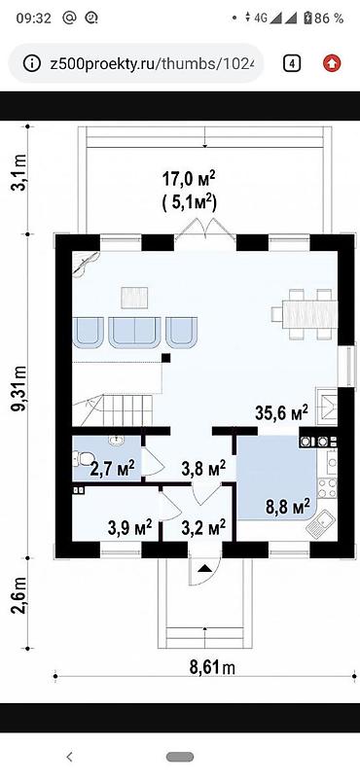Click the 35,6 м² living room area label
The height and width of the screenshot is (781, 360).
coord(281,413)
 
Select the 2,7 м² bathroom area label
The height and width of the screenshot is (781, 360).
coord(112,469)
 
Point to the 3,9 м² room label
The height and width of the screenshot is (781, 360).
coord(129,528)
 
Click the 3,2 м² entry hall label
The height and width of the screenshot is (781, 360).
coord(203,528)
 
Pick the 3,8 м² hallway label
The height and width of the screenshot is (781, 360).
coord(203,469)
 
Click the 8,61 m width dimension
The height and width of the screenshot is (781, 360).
coord(212,666)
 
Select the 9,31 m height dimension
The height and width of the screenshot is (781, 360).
coord(18,397)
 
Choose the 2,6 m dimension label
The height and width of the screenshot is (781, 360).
coord(18,603)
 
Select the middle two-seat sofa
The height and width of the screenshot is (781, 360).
coord(134,333)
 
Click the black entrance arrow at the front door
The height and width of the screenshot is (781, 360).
coord(205,568)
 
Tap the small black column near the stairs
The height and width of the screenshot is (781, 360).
coord(166,358)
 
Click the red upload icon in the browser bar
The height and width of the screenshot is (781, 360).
coord(332,63)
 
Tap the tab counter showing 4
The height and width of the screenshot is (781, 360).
coord(292,63)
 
